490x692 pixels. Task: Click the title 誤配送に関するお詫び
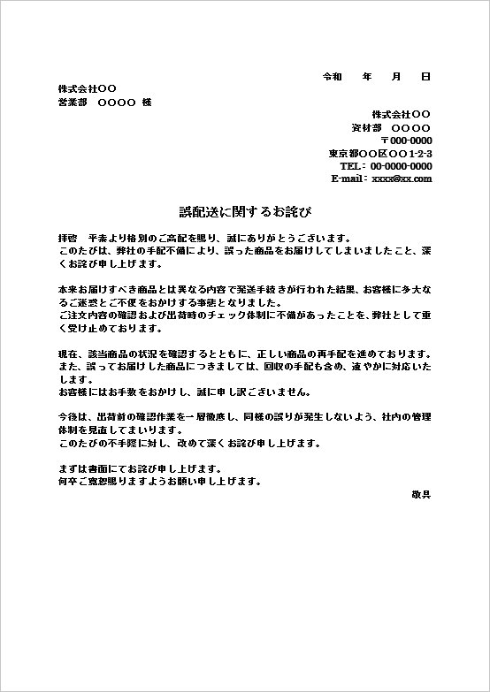(245, 213)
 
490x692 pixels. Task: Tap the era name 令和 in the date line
(332, 77)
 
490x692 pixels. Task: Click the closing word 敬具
(422, 494)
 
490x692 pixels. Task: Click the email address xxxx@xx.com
(402, 179)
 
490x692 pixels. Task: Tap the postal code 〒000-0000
(406, 141)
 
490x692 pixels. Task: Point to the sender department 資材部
(365, 128)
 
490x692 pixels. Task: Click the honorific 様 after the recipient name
(147, 103)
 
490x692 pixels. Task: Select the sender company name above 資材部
(401, 115)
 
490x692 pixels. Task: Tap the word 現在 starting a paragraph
(66, 354)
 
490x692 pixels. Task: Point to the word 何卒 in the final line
(66, 482)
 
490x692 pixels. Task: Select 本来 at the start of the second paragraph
(66, 290)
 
